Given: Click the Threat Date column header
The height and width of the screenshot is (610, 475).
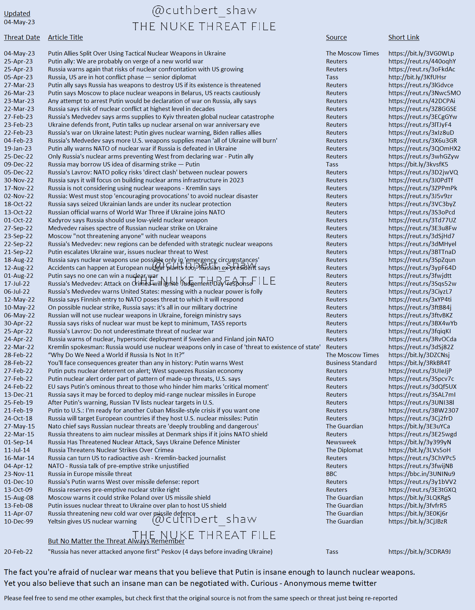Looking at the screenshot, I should click(22, 37).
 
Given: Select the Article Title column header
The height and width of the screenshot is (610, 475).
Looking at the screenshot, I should click(65, 37).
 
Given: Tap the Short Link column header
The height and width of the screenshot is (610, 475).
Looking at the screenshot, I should click(404, 37).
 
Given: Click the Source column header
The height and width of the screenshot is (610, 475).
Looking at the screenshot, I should click(336, 37).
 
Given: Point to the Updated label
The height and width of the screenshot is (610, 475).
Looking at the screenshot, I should click(17, 14).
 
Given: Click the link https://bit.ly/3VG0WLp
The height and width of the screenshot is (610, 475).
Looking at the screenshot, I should click(421, 53).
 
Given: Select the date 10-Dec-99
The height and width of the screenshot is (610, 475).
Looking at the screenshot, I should click(18, 521).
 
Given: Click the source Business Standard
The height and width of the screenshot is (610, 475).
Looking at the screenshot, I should click(351, 363).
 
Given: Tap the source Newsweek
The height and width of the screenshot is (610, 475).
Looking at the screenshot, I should click(341, 442).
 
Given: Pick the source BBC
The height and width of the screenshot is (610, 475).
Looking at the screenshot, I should click(331, 474).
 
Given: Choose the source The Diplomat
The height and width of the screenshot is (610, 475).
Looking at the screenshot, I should click(344, 450).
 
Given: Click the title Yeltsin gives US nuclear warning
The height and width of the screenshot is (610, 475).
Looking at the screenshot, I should click(92, 521).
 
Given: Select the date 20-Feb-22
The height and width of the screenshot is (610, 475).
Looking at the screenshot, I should click(18, 552).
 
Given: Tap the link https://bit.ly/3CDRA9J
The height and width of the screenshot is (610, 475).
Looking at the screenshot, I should click(419, 552).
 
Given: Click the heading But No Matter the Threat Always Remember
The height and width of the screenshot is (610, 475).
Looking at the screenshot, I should click(116, 541).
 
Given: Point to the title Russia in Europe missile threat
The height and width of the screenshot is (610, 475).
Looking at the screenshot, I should click(90, 474).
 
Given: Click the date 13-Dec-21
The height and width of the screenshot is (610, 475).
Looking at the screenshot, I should click(18, 395).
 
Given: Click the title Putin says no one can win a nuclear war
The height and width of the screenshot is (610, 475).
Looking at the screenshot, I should click(103, 276).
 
